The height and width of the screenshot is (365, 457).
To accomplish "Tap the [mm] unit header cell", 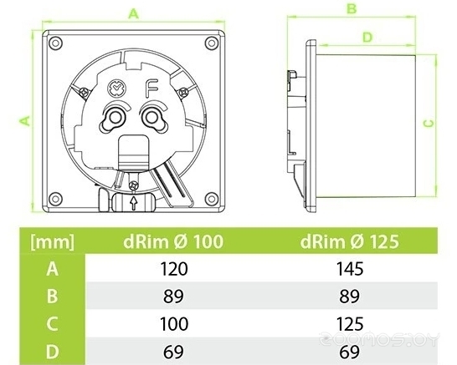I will click(x=52, y=242).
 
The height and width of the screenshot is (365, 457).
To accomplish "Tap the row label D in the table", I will click(x=52, y=348).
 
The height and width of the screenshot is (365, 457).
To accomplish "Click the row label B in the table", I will click(x=52, y=295).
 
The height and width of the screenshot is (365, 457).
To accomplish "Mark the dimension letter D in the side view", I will click(x=367, y=37).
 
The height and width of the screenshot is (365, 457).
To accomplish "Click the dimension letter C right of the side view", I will click(x=429, y=123).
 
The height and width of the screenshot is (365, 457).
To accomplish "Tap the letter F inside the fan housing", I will click(x=153, y=86).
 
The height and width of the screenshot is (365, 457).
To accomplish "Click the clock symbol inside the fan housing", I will click(x=116, y=86).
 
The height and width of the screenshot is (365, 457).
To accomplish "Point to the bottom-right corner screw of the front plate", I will click(x=213, y=197).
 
